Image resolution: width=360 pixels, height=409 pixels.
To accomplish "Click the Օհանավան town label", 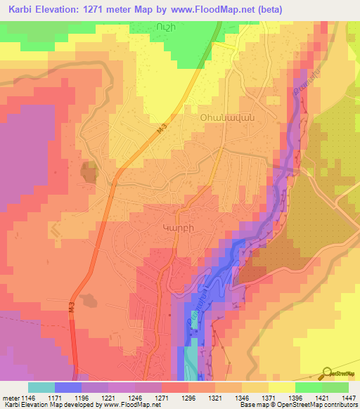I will (223, 118).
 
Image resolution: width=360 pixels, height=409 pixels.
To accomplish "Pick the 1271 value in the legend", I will (161, 396).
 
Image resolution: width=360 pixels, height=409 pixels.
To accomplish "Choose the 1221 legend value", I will (108, 396).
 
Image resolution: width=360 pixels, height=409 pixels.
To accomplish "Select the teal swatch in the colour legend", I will (41, 387).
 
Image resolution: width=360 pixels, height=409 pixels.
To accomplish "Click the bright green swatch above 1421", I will (308, 387).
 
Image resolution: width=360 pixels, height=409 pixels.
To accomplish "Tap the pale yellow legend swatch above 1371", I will (281, 387).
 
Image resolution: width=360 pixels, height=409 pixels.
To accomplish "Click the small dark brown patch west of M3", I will (89, 171).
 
